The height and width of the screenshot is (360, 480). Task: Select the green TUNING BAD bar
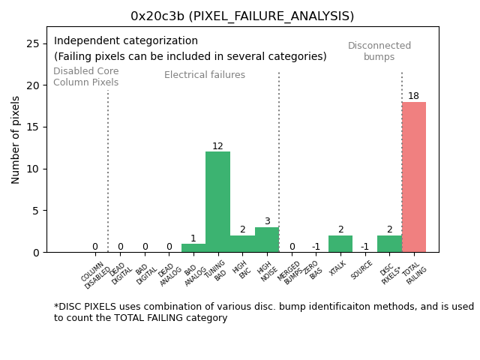[217, 202]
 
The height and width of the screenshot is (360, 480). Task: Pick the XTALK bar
[340, 244]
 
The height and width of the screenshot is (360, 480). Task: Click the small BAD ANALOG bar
[193, 248]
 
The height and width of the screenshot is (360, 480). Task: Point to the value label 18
[413, 96]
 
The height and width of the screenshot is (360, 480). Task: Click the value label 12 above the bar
[217, 146]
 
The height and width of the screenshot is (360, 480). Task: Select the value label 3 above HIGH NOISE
[267, 221]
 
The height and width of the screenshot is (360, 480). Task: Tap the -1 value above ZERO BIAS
[316, 247]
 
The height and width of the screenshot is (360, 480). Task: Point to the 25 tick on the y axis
[33, 44]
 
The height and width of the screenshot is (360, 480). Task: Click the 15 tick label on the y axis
[33, 127]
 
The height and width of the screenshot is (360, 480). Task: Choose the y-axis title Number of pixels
[16, 139]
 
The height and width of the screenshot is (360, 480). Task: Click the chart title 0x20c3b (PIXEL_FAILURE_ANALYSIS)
[242, 16]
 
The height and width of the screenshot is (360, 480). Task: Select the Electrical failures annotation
[205, 75]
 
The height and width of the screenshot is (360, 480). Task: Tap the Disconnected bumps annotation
[379, 51]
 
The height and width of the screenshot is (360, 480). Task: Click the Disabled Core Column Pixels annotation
[85, 76]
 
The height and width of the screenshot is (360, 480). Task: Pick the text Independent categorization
[126, 41]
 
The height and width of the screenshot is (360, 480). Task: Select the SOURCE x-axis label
[362, 269]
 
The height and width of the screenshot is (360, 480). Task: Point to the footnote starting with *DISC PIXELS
[263, 312]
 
